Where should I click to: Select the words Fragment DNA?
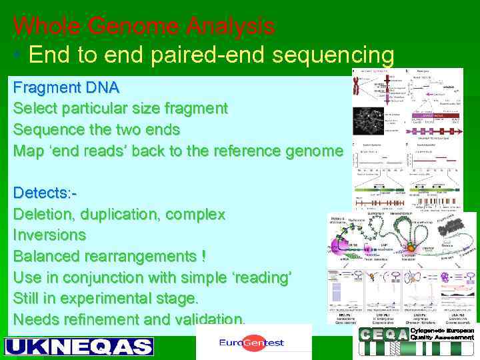pyautogui.click(x=66, y=87)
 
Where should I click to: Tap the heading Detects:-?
pyautogui.click(x=45, y=193)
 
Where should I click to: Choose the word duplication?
pyautogui.click(x=121, y=215)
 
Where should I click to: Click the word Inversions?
pyautogui.click(x=49, y=235)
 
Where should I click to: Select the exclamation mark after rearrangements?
pyautogui.click(x=203, y=256)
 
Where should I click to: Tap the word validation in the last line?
pyautogui.click(x=207, y=319)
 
